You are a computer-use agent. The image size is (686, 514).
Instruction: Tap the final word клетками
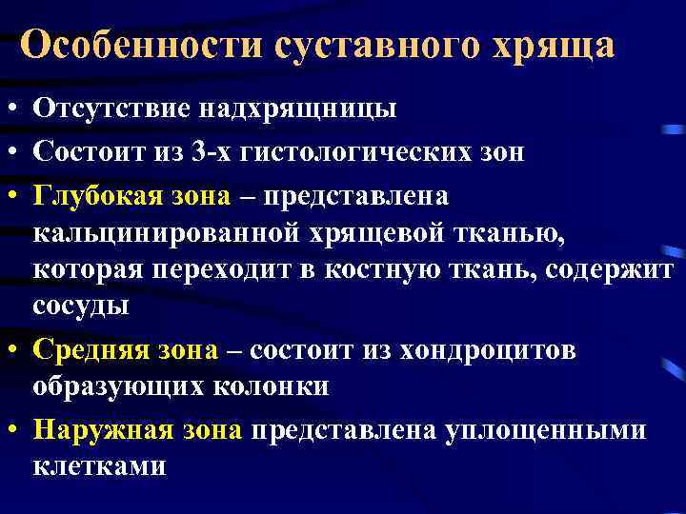pyautogui.click(x=99, y=466)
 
